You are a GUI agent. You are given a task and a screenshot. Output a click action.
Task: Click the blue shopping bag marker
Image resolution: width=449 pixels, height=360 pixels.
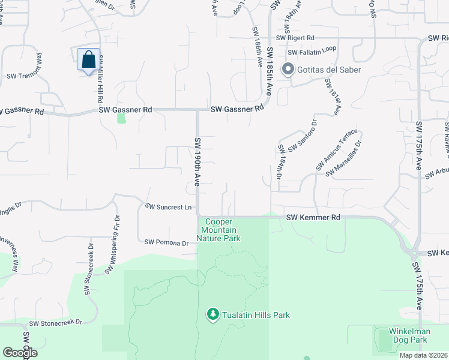(x=89, y=60)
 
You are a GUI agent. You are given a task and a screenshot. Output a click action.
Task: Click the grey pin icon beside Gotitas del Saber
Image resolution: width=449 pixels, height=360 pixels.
(x=288, y=70)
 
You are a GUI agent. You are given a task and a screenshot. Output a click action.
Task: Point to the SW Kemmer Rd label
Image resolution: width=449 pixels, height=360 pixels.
(x=313, y=217)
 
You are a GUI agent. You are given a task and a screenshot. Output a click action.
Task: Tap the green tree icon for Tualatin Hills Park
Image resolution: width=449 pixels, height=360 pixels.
(x=212, y=314)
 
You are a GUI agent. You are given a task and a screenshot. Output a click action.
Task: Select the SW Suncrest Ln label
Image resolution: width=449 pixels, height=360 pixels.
(x=168, y=207)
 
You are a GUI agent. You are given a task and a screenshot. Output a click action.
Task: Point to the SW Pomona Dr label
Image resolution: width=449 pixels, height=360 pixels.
(x=167, y=243)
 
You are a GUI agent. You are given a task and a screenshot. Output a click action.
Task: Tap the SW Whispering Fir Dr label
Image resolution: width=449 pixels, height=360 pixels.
(x=112, y=245)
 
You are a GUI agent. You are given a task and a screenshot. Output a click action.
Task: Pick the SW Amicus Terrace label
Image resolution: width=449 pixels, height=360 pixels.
(x=337, y=149)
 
